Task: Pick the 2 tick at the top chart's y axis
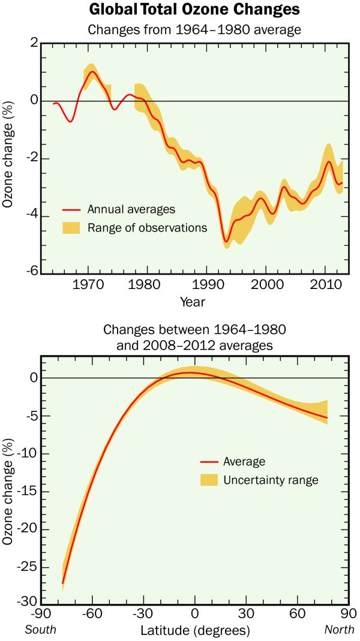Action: click(x=34, y=43)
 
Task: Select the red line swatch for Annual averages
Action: click(x=71, y=210)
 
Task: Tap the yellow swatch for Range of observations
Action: click(x=71, y=228)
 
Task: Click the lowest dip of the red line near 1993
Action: click(x=226, y=242)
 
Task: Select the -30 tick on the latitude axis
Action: click(x=142, y=615)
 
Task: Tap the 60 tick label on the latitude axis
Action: click(x=295, y=615)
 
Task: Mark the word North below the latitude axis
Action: click(x=339, y=630)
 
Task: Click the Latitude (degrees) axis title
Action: click(x=195, y=631)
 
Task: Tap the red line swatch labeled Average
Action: click(x=208, y=462)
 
